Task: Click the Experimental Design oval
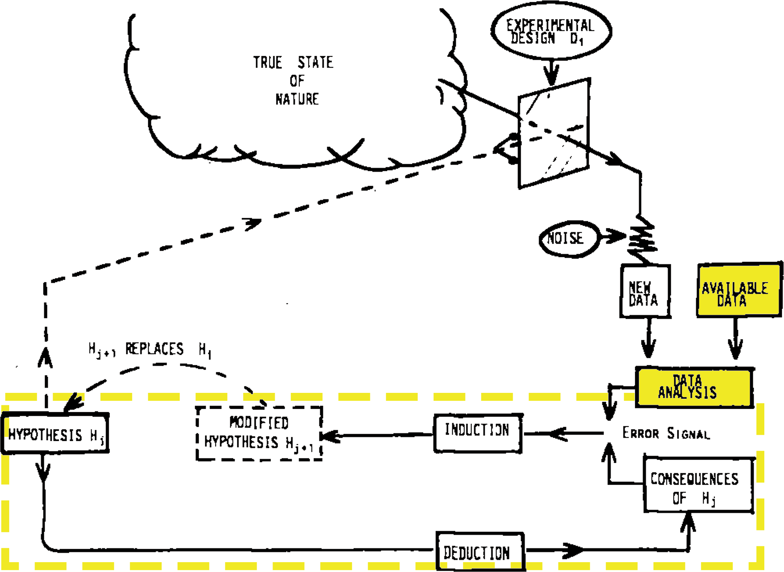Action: coord(551,31)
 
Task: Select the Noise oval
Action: coord(565,239)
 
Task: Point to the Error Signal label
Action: coord(666,434)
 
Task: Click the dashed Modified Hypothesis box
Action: coord(259,434)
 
